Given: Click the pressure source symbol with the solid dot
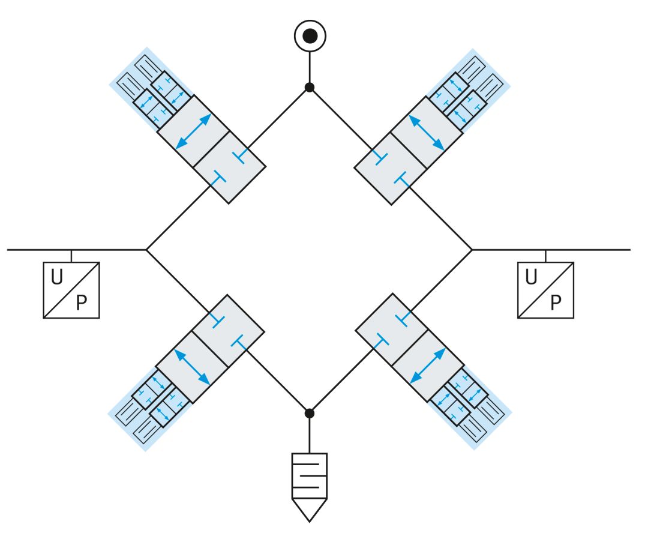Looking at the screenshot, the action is (310, 36).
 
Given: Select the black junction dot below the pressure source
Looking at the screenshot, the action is (310, 87).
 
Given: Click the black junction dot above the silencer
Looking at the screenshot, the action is (309, 413).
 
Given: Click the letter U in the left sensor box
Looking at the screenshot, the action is (57, 277).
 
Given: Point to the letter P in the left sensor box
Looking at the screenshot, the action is (82, 303).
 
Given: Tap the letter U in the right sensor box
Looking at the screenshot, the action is (532, 277).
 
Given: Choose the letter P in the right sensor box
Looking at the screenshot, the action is (556, 303).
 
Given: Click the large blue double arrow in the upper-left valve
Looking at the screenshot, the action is (193, 131).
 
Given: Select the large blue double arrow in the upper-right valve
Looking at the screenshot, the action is (427, 132).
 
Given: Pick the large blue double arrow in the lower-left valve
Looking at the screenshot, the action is (192, 367).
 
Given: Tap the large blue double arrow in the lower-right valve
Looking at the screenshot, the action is (428, 366).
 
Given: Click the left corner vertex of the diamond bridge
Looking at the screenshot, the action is (147, 250).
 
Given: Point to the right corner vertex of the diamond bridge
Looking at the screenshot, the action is (472, 250).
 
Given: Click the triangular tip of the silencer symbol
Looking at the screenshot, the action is (309, 521).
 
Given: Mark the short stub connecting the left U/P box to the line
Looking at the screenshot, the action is (71, 256).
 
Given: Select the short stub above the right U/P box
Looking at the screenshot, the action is (545, 256).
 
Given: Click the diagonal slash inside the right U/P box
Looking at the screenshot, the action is (545, 290).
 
